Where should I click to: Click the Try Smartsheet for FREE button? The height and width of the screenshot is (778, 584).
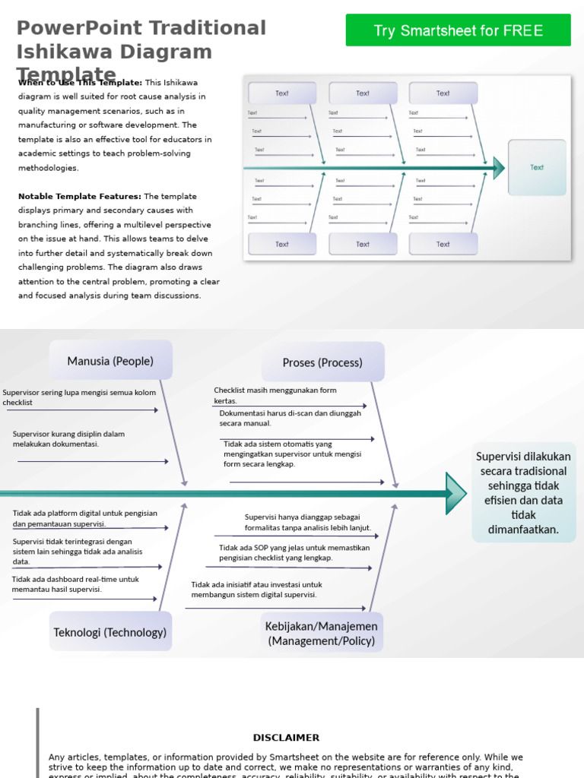(458, 30)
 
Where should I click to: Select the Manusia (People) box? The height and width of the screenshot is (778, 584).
(110, 361)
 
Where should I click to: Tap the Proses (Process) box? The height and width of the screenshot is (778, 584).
(322, 362)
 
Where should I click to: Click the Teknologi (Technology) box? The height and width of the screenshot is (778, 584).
(110, 632)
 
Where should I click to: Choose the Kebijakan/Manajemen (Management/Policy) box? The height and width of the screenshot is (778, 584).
(322, 633)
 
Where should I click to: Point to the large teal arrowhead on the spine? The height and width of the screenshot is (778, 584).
(455, 493)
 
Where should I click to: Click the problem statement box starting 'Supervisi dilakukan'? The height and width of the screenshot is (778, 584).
(524, 492)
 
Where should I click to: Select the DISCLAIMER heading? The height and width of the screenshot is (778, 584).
(286, 738)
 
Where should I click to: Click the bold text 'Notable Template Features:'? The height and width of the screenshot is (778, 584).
(79, 196)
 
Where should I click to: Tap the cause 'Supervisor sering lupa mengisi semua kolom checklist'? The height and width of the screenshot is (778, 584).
(79, 397)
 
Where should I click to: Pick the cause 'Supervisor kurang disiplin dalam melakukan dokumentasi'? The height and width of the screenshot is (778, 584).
(68, 438)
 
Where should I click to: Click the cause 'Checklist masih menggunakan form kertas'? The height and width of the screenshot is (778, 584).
(275, 395)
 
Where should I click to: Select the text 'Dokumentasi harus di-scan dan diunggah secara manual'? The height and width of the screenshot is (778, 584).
(290, 418)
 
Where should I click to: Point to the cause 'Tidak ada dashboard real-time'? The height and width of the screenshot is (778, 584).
(75, 583)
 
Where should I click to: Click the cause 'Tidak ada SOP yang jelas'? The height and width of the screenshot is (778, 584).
(294, 552)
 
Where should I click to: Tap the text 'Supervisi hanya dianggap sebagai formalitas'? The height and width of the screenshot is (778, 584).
(307, 522)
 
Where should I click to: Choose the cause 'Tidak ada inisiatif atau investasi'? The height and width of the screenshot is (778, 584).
(256, 590)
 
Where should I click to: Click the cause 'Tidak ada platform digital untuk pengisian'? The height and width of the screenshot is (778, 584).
(84, 518)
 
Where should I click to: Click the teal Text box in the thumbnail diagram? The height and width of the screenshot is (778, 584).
(537, 167)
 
